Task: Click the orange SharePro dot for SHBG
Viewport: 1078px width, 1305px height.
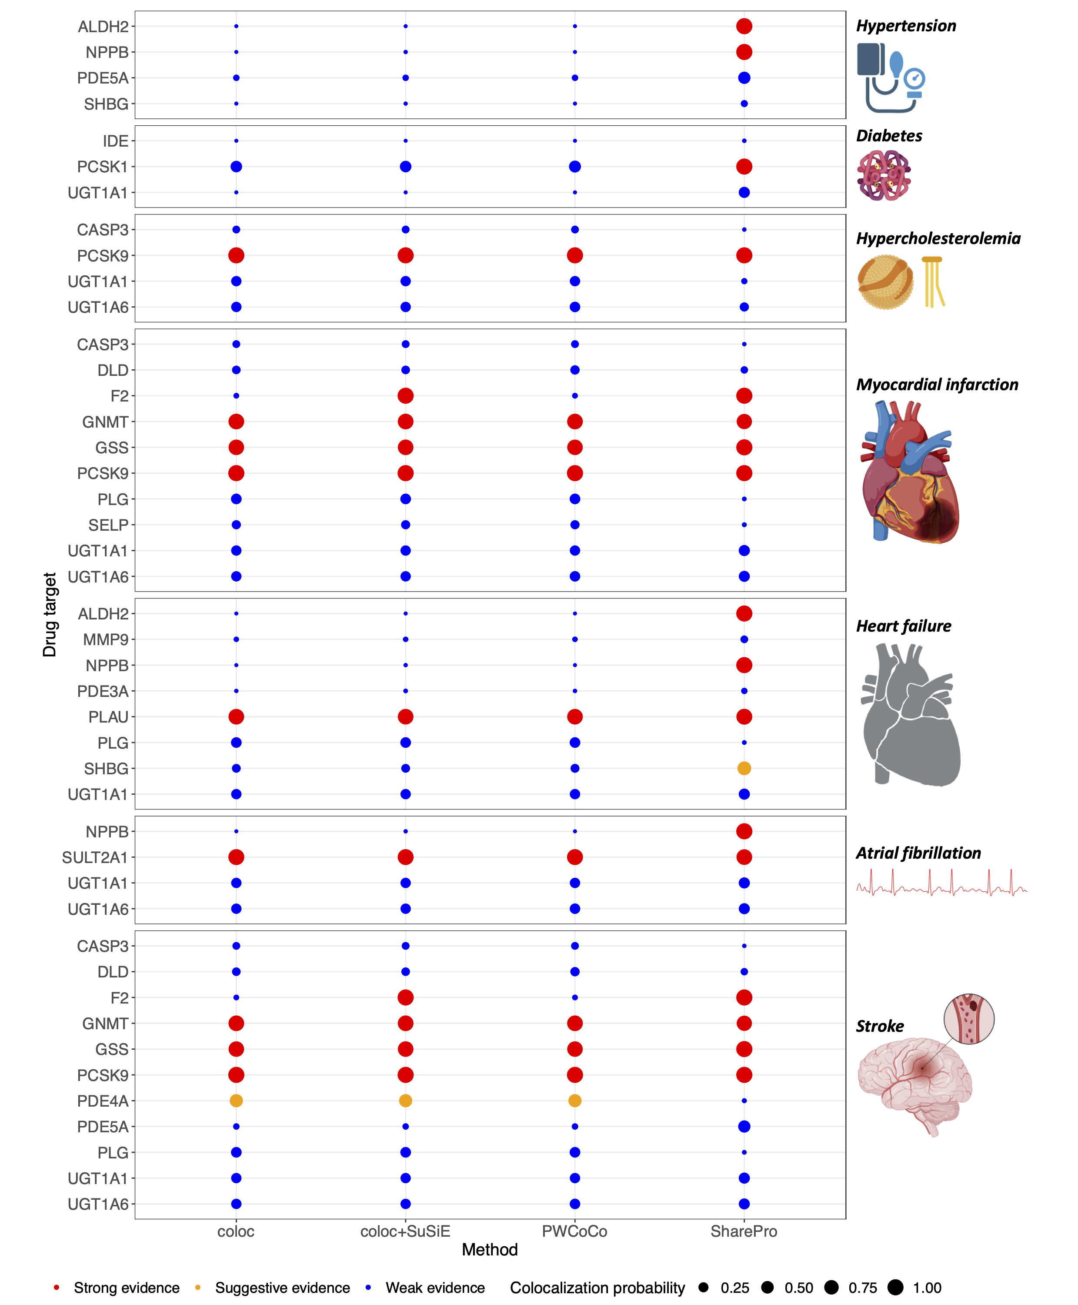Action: (x=744, y=768)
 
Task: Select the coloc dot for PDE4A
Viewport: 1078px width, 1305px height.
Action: (x=236, y=1101)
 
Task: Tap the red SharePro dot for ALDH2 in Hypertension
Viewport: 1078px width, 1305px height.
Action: (x=744, y=26)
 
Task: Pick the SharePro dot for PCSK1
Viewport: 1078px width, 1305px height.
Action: (x=744, y=167)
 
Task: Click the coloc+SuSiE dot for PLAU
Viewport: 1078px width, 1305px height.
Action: (x=405, y=717)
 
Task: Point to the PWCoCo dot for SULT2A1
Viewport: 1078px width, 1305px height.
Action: (x=575, y=857)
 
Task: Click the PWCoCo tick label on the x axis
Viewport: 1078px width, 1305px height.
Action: (x=574, y=1231)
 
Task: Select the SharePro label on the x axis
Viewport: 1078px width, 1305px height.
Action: (x=744, y=1231)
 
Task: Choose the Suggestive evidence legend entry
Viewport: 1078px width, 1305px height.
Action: (x=282, y=1288)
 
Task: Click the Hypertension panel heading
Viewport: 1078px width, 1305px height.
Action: (x=906, y=26)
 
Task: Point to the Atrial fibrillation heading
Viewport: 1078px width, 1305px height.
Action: (x=918, y=853)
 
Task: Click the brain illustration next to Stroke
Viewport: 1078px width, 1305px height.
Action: (x=913, y=1087)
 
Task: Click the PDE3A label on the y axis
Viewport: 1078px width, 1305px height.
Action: (x=103, y=691)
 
